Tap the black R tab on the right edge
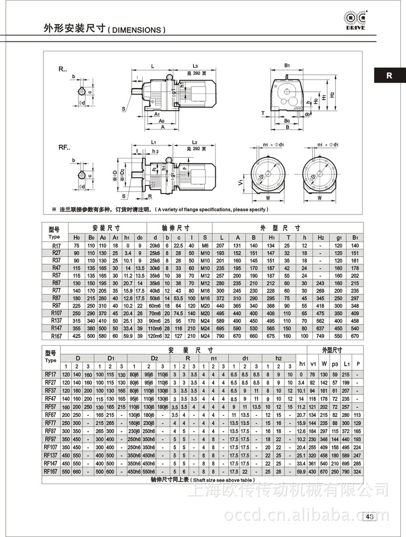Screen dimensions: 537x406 point(389,75)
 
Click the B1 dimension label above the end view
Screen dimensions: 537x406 point(287,66)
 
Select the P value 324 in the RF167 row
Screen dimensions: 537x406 point(358,472)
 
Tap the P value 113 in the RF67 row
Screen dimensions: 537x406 point(358,414)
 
